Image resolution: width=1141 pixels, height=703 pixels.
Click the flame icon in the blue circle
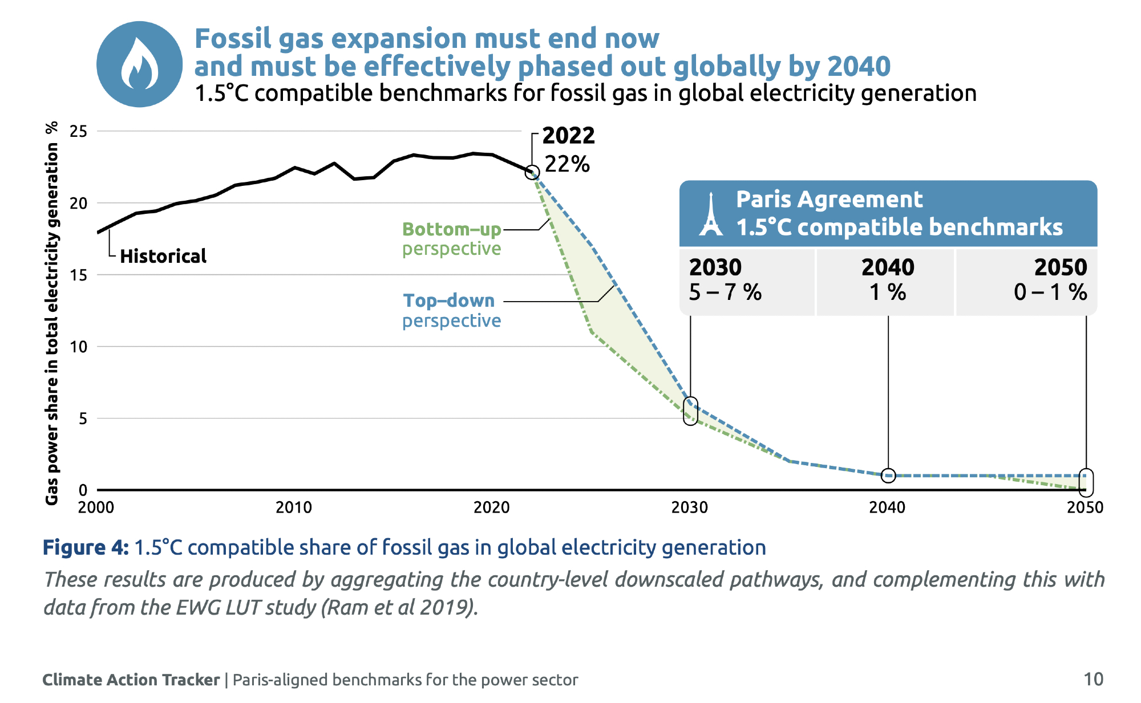pos(140,64)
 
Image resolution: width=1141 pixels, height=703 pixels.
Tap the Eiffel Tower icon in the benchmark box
pos(711,214)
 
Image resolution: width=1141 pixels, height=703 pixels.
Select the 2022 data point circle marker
pos(532,172)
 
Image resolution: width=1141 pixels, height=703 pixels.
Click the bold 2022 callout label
pos(568,136)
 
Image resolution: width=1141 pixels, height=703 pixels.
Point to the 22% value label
pos(567,164)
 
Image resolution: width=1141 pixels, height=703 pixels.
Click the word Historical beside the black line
pos(163,257)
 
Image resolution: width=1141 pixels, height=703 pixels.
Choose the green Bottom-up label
pos(451,229)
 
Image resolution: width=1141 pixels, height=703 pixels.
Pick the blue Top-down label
pos(449,300)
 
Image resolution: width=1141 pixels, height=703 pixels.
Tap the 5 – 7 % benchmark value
pos(725,292)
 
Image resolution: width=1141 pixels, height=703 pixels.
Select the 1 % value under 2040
pos(888,292)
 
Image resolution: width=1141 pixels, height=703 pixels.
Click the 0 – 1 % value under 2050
pos(1050,292)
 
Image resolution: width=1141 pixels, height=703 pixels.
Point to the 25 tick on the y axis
pos(78,132)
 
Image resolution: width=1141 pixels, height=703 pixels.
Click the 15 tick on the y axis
pos(78,275)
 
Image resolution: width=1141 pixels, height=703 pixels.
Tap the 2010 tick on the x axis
pos(294,507)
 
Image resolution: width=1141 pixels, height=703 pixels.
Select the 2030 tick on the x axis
pos(690,507)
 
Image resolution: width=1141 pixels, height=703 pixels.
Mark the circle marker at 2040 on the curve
pos(888,475)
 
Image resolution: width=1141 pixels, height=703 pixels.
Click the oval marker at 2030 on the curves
pos(690,411)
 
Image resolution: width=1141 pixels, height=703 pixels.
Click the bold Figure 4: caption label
pos(86,547)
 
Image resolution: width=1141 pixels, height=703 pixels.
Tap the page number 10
pos(1093,680)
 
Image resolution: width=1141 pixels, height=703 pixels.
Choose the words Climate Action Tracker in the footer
pos(131,680)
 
